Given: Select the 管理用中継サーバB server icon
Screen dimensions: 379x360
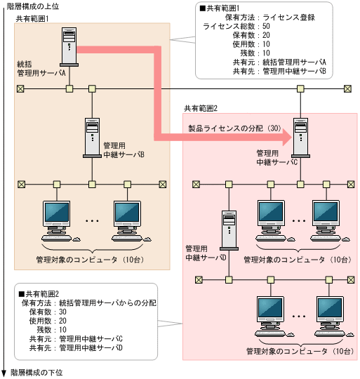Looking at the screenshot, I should pyautogui.click(x=91, y=135).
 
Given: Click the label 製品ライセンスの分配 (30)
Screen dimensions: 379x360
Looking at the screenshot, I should pyautogui.click(x=234, y=129).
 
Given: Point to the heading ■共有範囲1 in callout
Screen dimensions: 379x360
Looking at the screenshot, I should pyautogui.click(x=222, y=9).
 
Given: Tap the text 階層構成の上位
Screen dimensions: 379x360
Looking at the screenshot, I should pyautogui.click(x=34, y=5).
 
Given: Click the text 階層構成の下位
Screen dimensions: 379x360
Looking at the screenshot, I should pyautogui.click(x=34, y=373).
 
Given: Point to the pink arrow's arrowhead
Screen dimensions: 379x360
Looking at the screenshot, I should pyautogui.click(x=284, y=139).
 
